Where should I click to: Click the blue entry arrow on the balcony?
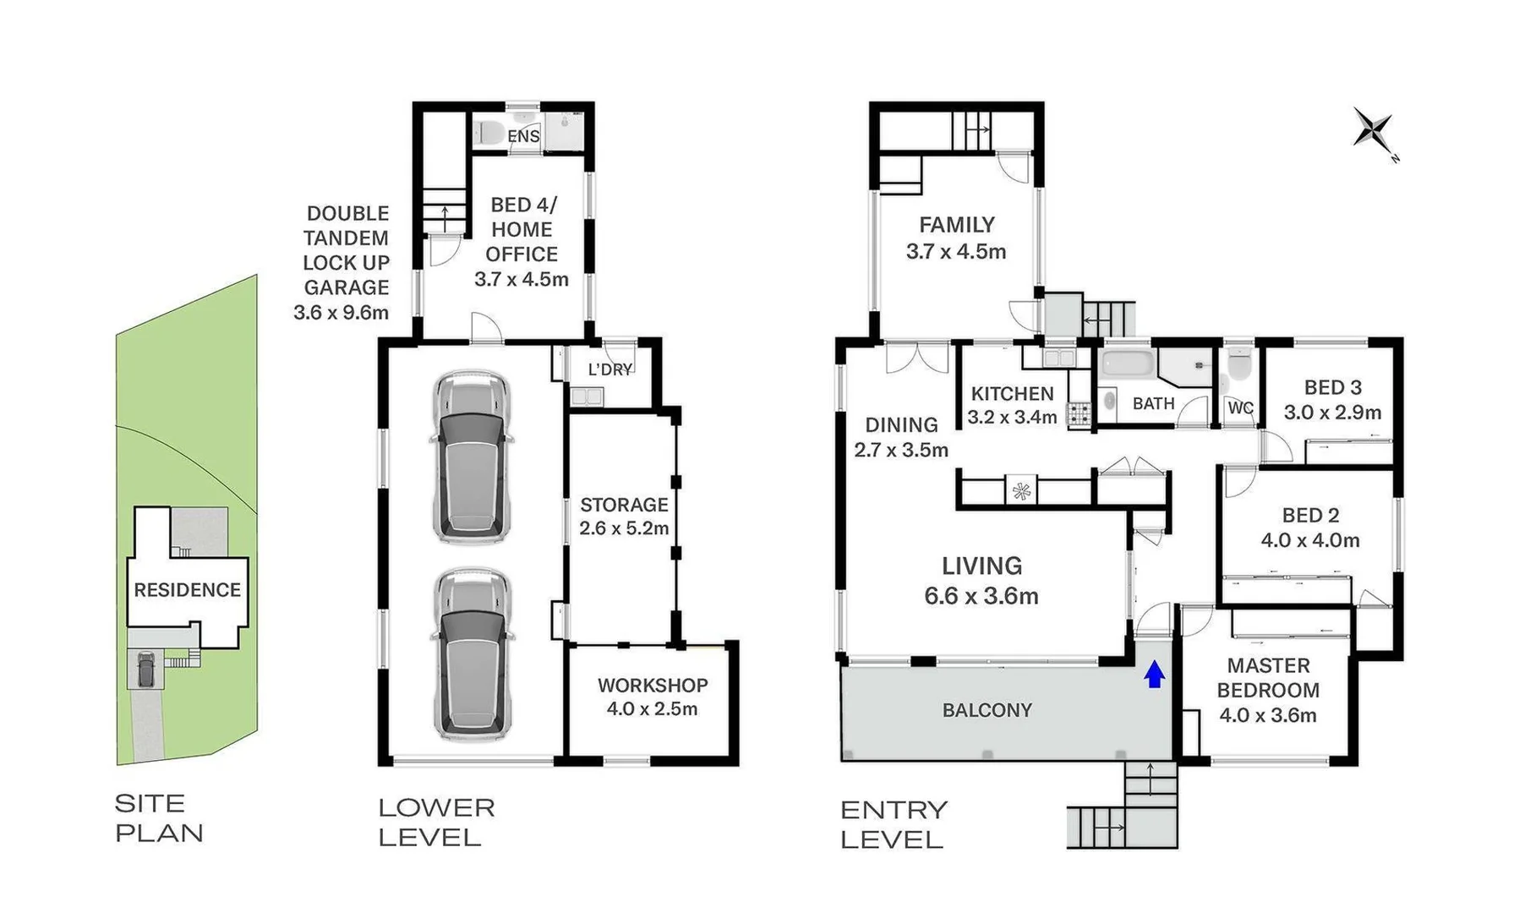[x=1155, y=675]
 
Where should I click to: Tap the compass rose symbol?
[x=1373, y=131]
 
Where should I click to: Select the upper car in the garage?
[x=472, y=456]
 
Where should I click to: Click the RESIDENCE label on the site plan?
[x=187, y=590]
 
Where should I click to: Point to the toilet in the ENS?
[x=488, y=134]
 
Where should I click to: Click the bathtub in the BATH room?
[x=1127, y=364]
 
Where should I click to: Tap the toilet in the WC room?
[x=1239, y=364]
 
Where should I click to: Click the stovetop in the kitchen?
[x=1079, y=414]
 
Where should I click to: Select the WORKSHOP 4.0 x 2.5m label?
[x=652, y=697]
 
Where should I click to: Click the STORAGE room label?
[x=624, y=505]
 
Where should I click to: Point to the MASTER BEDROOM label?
[x=1268, y=678]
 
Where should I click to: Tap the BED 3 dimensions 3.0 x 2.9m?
[x=1332, y=413]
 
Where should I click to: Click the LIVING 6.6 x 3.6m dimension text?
[x=981, y=596]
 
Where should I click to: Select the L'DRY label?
[x=609, y=369]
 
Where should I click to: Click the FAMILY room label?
[x=957, y=225]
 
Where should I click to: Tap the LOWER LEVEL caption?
[x=435, y=823]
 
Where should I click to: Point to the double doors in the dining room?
[x=917, y=358]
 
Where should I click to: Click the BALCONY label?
[x=987, y=710]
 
